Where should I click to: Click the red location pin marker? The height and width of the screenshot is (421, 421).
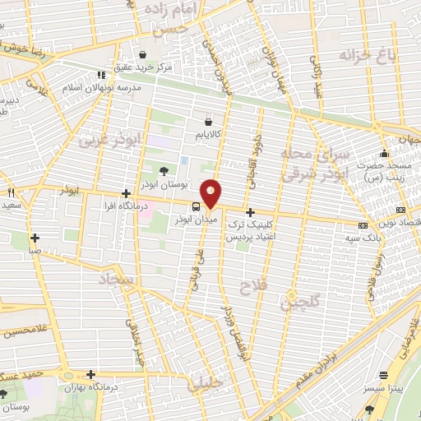(x=211, y=193)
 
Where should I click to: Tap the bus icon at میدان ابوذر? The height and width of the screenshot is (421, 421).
(x=196, y=207)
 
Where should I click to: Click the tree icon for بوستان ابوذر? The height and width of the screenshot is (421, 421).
(x=162, y=172)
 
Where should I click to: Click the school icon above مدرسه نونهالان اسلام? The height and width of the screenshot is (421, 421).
(x=102, y=74)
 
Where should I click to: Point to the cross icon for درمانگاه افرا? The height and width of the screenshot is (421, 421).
(x=124, y=193)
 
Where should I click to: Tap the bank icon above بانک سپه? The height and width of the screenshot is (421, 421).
(x=363, y=224)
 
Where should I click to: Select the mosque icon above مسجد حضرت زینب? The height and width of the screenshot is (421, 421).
(x=383, y=154)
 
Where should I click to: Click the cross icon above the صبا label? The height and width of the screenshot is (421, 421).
(x=35, y=237)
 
